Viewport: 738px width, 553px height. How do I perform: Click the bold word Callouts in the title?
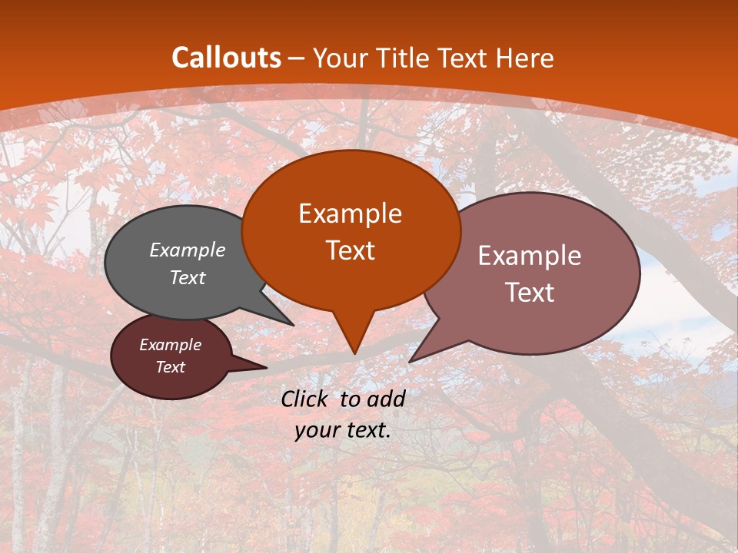coord(226,58)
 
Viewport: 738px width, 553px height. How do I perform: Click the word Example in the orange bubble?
coord(350,214)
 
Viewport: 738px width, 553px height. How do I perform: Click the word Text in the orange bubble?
coord(350,250)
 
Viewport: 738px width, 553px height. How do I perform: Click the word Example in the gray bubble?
coord(188,250)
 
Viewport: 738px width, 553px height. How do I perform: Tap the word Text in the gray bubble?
coord(188,277)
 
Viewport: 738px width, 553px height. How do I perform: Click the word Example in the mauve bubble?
coord(530,256)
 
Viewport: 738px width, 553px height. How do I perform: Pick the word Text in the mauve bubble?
coord(530,293)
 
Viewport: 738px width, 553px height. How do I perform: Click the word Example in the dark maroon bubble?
coord(170,345)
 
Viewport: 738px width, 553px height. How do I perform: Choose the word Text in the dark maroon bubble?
coord(170,367)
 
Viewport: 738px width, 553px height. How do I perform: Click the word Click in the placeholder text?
coord(306,399)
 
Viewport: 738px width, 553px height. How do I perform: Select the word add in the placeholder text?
coord(386,399)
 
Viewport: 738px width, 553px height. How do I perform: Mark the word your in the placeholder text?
coord(317,430)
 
